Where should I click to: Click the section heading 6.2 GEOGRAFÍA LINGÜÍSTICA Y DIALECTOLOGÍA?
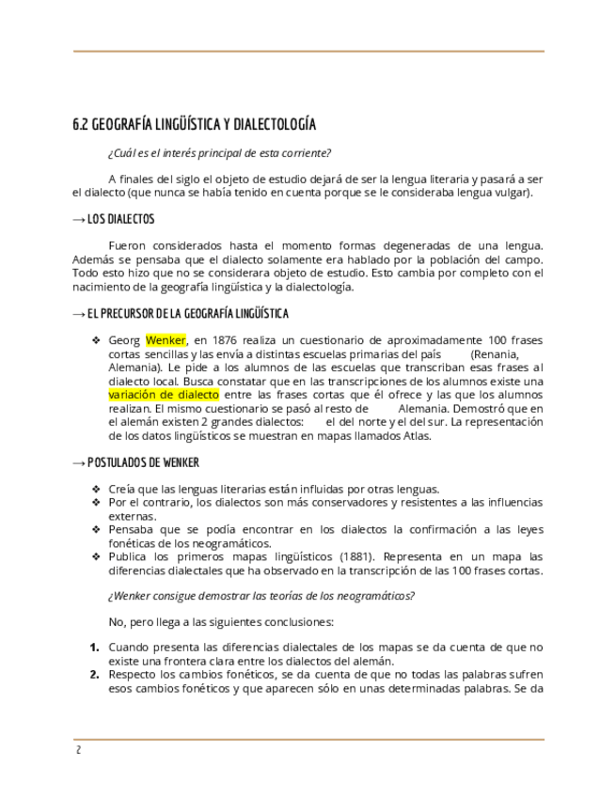pyautogui.click(x=194, y=125)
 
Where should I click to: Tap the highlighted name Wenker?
pyautogui.click(x=166, y=340)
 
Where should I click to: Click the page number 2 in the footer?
pyautogui.click(x=79, y=750)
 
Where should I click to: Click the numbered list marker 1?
pyautogui.click(x=95, y=648)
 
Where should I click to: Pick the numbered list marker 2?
pyautogui.click(x=95, y=675)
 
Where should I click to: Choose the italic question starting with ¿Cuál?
pyautogui.click(x=219, y=153)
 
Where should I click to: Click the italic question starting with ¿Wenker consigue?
pyautogui.click(x=261, y=596)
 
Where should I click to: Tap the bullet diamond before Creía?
pyautogui.click(x=95, y=489)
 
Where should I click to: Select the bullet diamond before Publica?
pyautogui.click(x=95, y=555)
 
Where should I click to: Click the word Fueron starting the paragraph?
pyautogui.click(x=128, y=246)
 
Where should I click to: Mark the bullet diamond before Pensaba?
pyautogui.click(x=95, y=529)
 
